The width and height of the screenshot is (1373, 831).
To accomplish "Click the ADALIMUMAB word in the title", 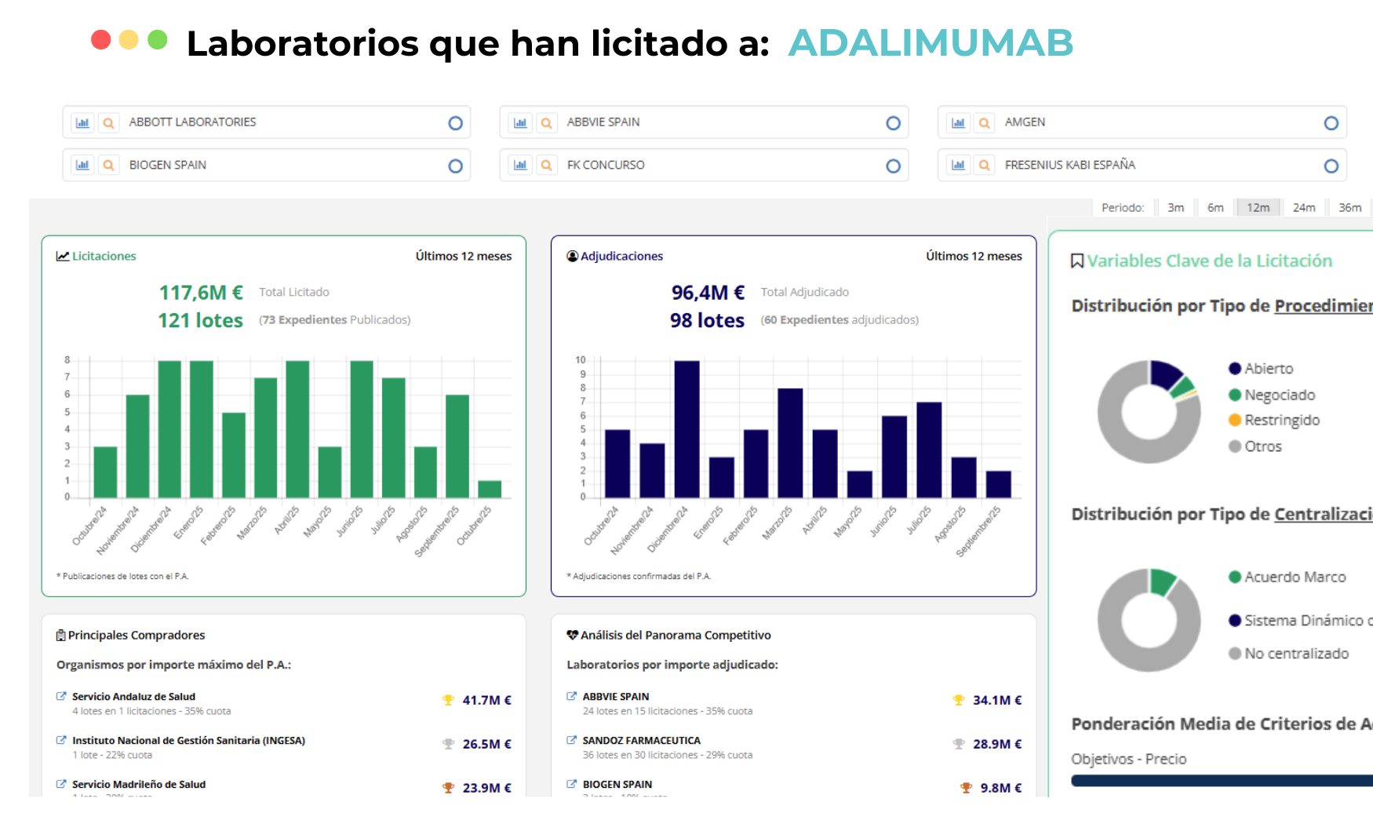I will click(930, 43).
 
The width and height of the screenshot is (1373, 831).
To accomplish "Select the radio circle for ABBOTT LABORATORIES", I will click(455, 123).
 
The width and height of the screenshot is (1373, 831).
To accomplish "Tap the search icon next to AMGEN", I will click(984, 123).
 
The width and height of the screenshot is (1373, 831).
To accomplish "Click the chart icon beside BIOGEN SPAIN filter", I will click(82, 166).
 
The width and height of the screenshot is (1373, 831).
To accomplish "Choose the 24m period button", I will click(1304, 208).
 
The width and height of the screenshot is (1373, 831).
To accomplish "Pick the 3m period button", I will click(1175, 208).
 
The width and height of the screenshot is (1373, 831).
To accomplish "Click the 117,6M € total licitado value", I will click(201, 293).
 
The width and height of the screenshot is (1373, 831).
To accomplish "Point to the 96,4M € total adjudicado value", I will click(708, 293).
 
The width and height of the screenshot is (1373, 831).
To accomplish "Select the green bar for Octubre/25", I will click(490, 489).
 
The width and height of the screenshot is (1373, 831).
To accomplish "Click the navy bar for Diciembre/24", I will click(686, 429).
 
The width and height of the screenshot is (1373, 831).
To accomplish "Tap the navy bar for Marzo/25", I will click(790, 443).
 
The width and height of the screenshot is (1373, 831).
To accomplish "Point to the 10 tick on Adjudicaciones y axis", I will click(581, 360).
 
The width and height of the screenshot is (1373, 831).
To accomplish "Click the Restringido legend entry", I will click(1281, 421).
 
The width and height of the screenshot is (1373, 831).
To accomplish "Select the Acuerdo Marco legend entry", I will click(1295, 578).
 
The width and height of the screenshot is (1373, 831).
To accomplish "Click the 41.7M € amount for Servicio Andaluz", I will click(486, 700).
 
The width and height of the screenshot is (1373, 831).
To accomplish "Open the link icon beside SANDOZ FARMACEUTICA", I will click(572, 740).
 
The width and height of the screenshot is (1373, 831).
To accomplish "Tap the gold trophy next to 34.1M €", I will click(958, 700).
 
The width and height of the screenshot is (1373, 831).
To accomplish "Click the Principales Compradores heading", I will click(136, 636).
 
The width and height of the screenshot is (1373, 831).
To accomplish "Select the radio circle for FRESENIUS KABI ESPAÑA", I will click(1331, 166).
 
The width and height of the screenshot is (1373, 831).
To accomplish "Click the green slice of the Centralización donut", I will click(1162, 581).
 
